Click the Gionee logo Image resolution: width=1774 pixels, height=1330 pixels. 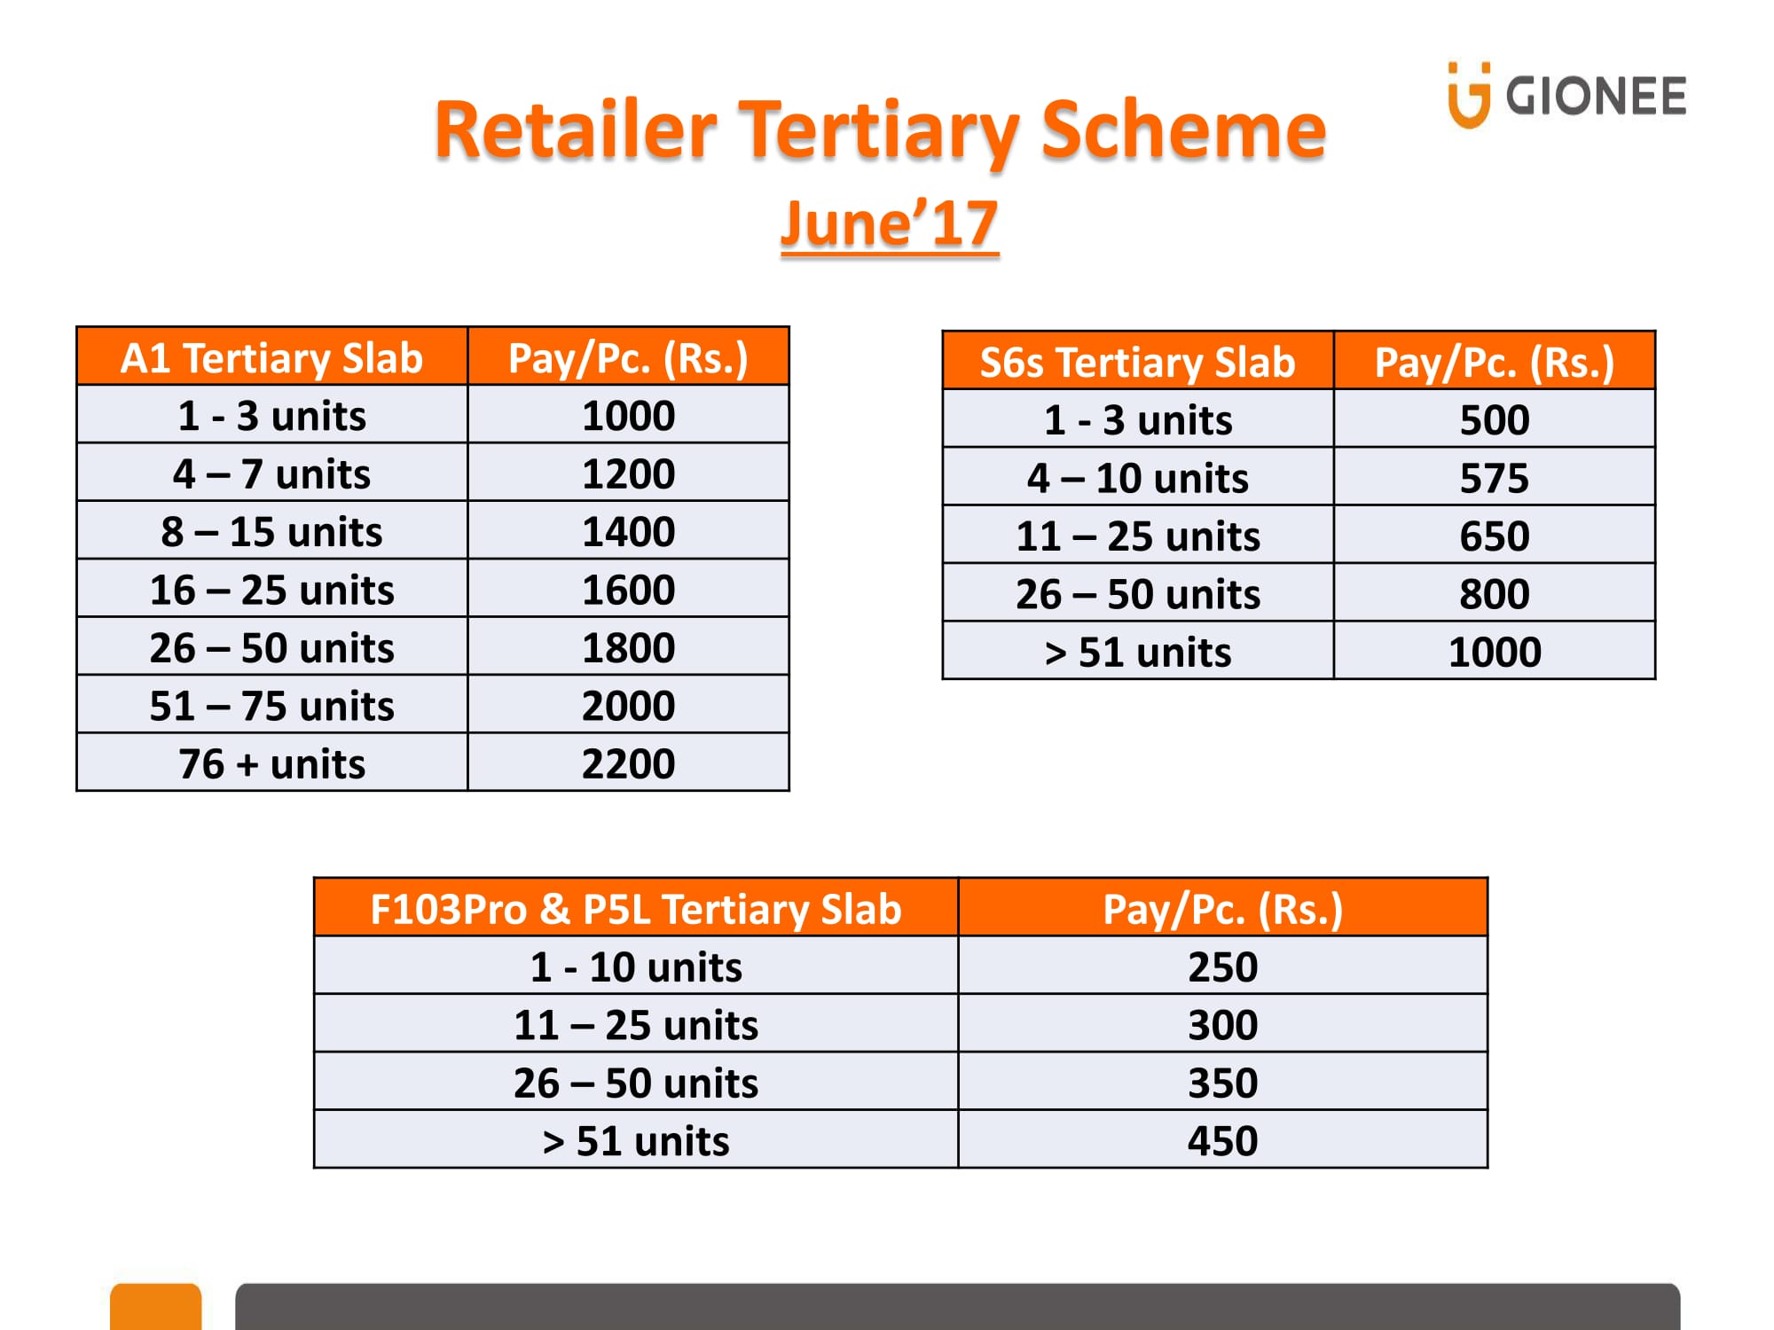coord(1566,95)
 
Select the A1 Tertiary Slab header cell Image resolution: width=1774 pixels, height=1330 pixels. coord(272,356)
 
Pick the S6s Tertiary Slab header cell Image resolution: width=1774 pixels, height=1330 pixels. coord(1138,361)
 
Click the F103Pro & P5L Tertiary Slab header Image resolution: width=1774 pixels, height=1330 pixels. coord(636,908)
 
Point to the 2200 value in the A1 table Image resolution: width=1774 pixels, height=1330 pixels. coord(628,763)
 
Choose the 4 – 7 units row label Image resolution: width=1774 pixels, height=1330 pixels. coord(272,473)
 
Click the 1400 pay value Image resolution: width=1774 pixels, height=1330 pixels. coord(628,532)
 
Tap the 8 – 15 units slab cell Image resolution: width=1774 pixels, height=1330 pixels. coord(272,532)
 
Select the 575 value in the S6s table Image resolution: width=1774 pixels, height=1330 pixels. coord(1495,478)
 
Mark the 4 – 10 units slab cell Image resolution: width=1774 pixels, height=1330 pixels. coord(1138,478)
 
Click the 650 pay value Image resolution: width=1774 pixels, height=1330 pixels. coord(1495,536)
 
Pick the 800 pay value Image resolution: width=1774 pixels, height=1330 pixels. coord(1495,594)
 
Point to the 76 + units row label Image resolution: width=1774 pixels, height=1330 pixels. coord(272,763)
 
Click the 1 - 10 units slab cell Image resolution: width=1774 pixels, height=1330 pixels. coord(636,966)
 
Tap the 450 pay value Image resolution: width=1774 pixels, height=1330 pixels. coord(1222,1140)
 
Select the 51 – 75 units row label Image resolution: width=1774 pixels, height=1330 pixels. coord(272,706)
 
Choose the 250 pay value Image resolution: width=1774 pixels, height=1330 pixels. coord(1222,966)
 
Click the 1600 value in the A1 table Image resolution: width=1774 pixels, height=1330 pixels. coord(628,590)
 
